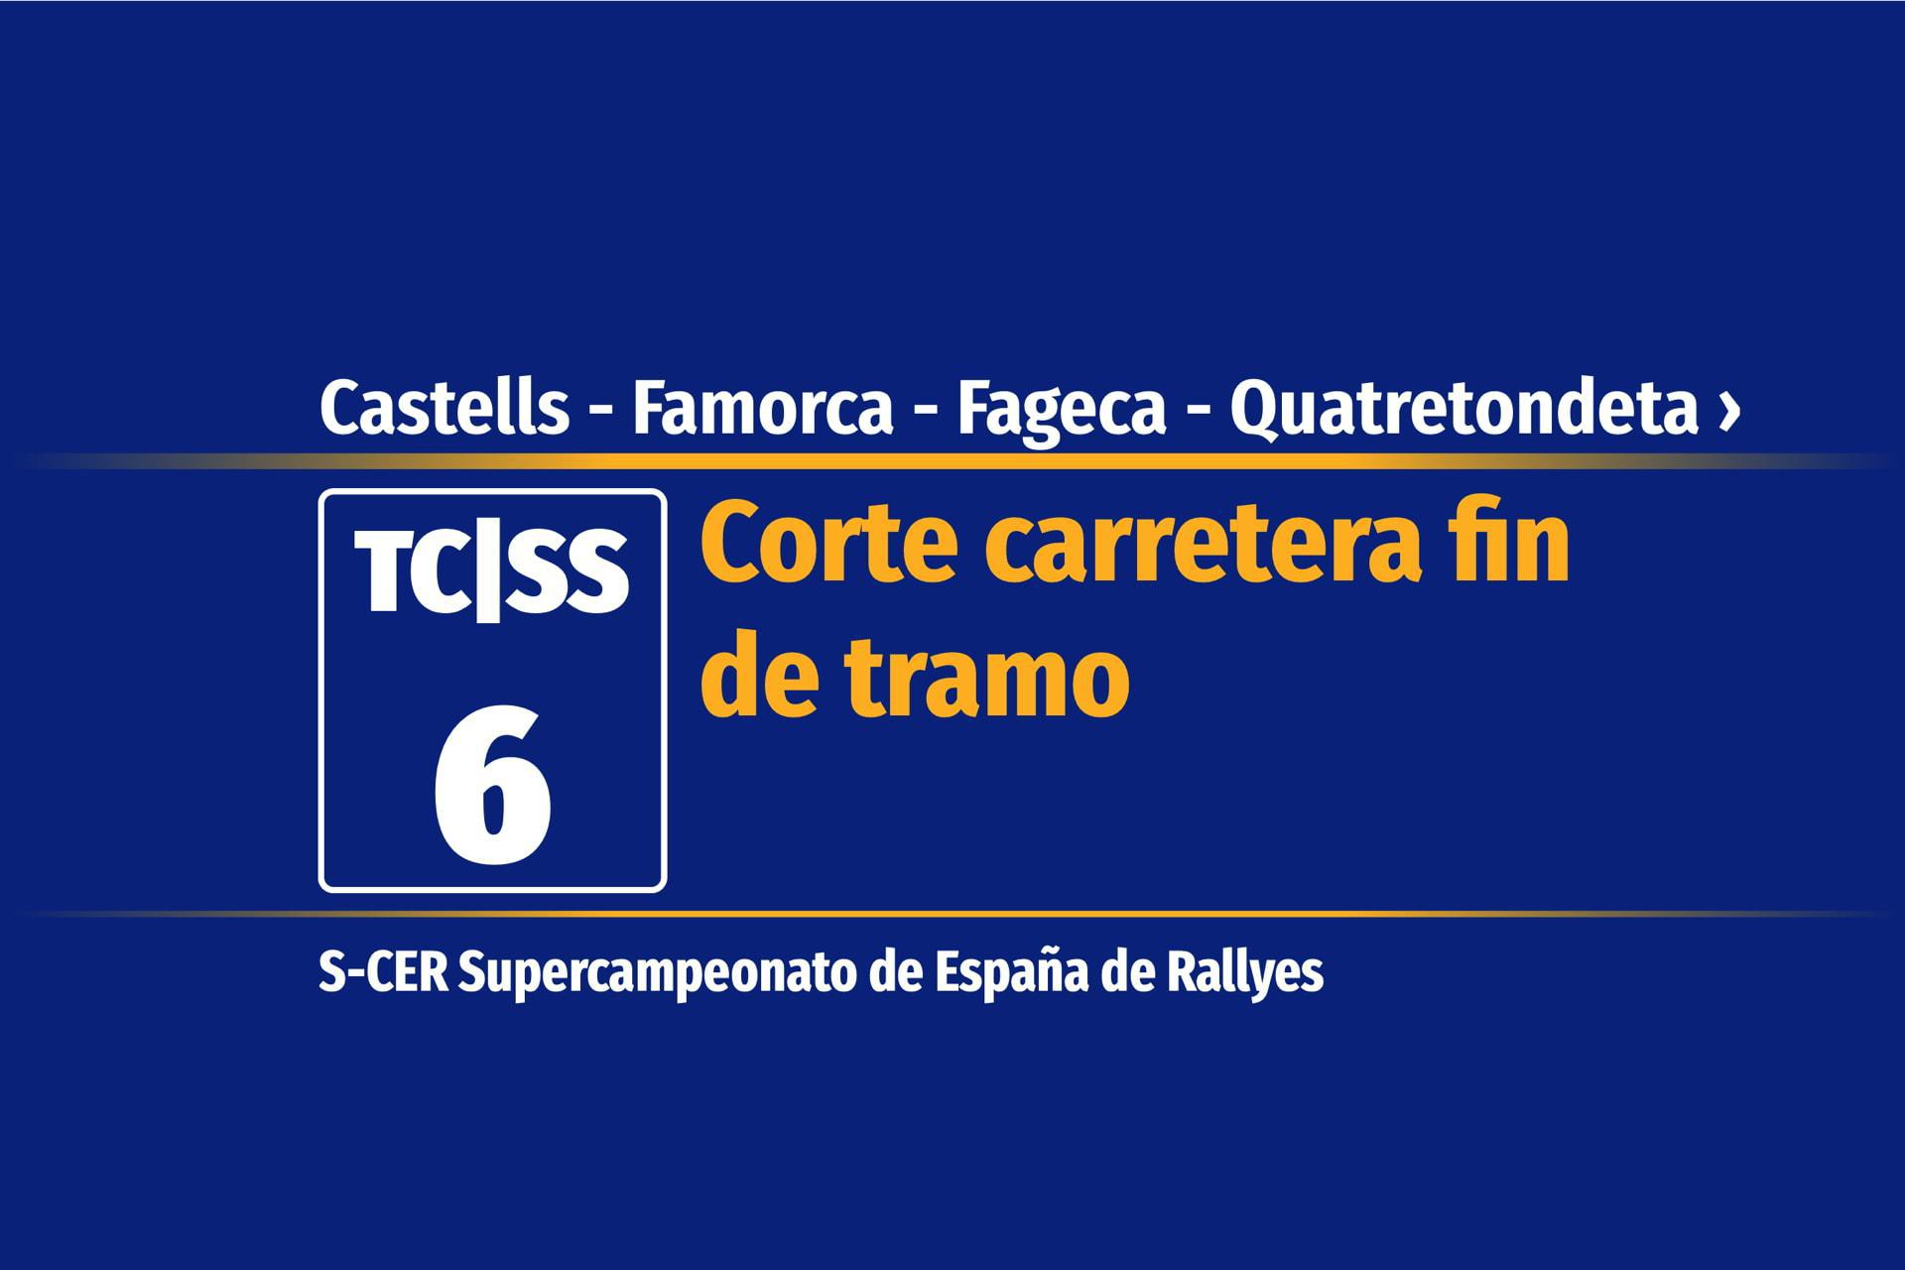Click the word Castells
(444, 407)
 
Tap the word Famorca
(763, 409)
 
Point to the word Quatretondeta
(1464, 409)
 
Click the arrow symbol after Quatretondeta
(1729, 411)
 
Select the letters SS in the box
(569, 572)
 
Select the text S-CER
(383, 973)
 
